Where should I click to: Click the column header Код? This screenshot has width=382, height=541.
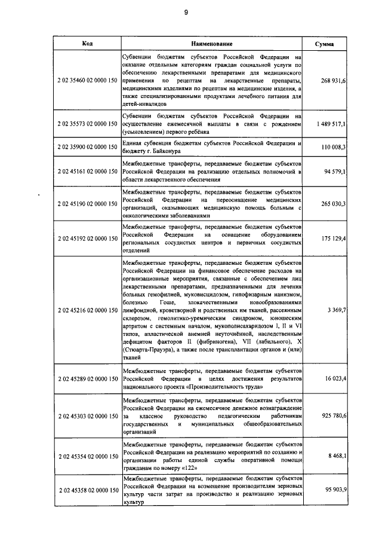87,44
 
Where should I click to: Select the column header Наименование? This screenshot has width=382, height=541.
211,44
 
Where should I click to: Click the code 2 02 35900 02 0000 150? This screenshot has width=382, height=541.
87,146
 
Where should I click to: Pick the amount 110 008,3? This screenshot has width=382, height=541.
331,146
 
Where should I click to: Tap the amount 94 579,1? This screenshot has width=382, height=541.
333,172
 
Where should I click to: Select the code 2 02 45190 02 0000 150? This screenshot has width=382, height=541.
87,204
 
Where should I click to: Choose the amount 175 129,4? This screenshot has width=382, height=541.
331,238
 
